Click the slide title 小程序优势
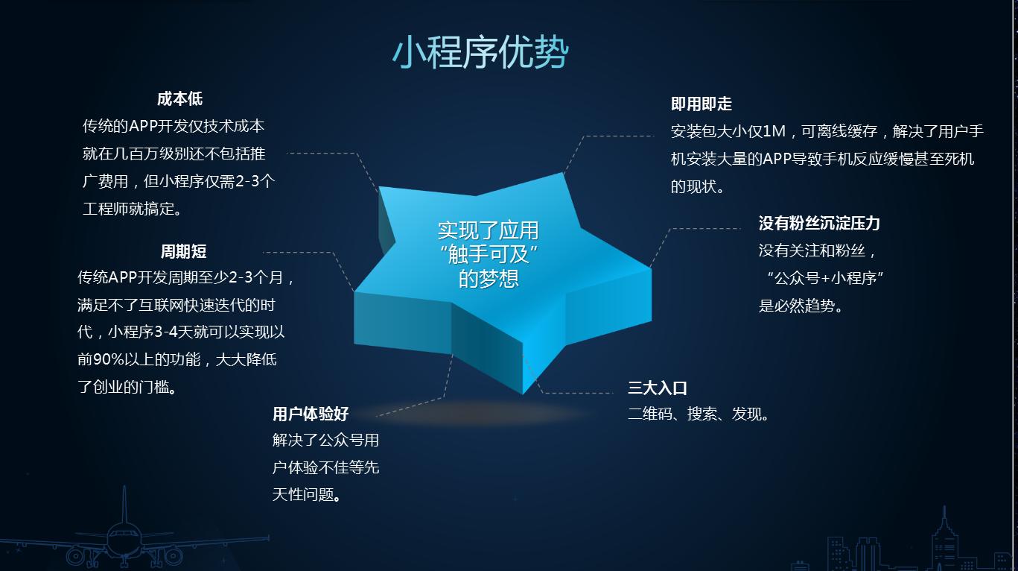(480, 52)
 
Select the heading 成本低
(179, 99)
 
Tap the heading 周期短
(183, 252)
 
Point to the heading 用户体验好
(310, 414)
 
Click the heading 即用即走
(701, 104)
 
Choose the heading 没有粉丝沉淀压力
(819, 223)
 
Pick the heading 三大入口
(657, 388)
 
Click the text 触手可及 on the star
(489, 255)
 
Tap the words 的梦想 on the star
(489, 279)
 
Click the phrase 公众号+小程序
(824, 279)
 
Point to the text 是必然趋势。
(801, 306)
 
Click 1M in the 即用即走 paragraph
(774, 132)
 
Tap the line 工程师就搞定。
(133, 209)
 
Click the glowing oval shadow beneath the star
(477, 412)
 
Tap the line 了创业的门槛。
(127, 388)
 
